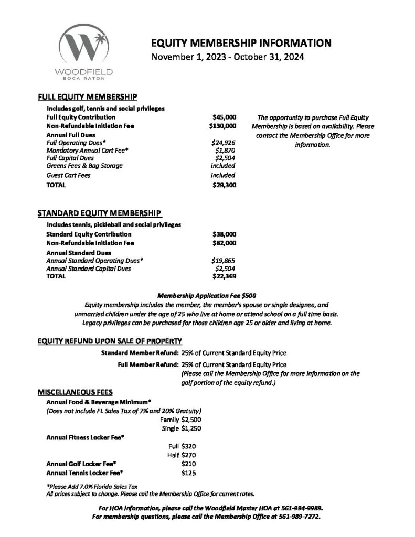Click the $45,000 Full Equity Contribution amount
[224, 117]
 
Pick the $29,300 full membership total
[224, 185]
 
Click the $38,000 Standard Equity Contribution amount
[224, 234]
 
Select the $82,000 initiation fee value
[224, 243]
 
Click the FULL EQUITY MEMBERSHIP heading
[88, 97]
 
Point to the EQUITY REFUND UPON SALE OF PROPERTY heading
[110, 341]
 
